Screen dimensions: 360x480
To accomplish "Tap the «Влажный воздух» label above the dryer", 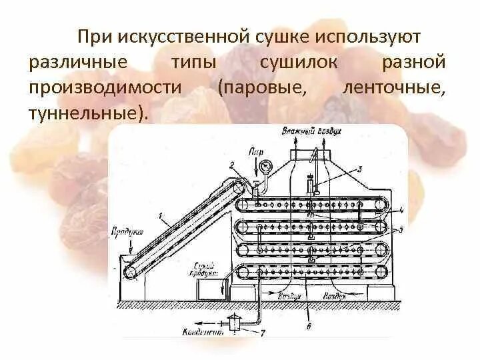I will coord(311,131).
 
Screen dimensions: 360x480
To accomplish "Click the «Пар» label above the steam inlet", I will coord(255,152).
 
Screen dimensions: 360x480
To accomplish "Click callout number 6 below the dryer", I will coord(308,325).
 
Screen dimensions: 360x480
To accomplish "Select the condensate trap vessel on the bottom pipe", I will coord(234,323).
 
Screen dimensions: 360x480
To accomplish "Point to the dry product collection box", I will coord(212,287).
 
